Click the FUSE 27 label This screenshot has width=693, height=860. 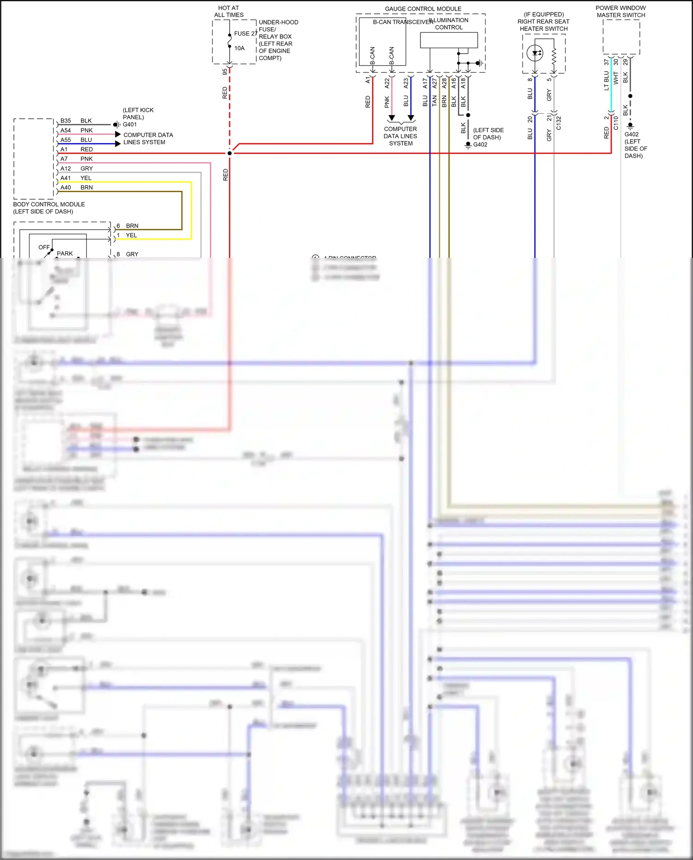click(x=245, y=34)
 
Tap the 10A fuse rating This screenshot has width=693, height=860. click(x=239, y=48)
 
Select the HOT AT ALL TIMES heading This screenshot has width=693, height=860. click(x=229, y=12)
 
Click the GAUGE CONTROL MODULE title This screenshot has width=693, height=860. click(x=423, y=9)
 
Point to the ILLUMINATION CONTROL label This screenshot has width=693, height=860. click(x=449, y=24)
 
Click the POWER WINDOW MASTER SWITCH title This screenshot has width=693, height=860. click(x=620, y=12)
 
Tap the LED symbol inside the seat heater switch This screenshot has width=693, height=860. click(x=535, y=53)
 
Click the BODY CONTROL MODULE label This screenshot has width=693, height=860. click(x=49, y=204)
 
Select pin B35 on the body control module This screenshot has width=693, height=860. click(x=66, y=121)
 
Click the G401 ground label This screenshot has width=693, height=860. click(x=130, y=124)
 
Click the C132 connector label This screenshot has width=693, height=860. click(x=559, y=123)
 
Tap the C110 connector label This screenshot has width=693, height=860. click(x=616, y=123)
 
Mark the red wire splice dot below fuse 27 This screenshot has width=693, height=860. click(x=230, y=153)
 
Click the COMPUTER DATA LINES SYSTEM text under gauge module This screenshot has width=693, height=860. click(x=401, y=136)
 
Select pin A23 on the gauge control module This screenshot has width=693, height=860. click(x=406, y=83)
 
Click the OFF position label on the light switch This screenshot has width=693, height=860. click(x=44, y=247)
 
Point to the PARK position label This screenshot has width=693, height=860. click(x=65, y=254)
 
